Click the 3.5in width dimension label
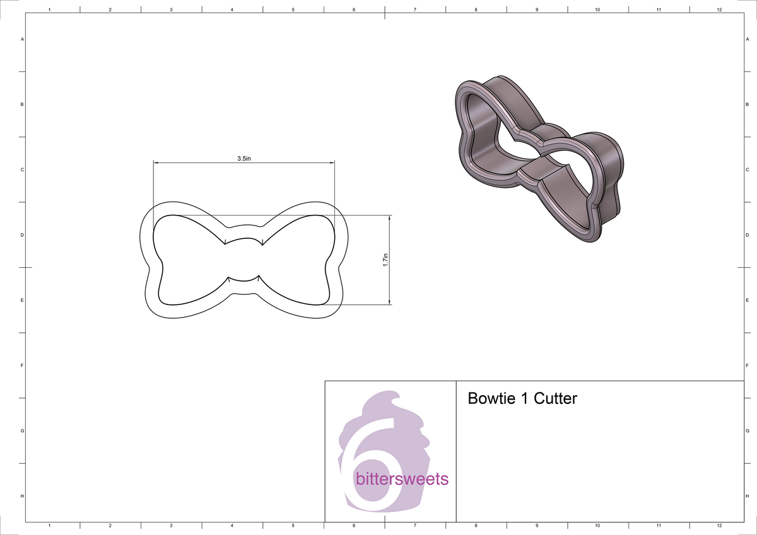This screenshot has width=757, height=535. [244, 159]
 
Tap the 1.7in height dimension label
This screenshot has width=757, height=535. [385, 260]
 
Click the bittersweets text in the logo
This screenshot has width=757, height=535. [402, 479]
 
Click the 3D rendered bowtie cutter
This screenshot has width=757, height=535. [539, 158]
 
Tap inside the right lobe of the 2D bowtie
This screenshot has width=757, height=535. [296, 258]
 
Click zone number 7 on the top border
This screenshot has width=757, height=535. [414, 10]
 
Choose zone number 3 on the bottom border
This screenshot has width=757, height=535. [171, 525]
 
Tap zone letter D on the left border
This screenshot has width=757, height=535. [22, 235]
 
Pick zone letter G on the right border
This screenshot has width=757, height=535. [747, 431]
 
